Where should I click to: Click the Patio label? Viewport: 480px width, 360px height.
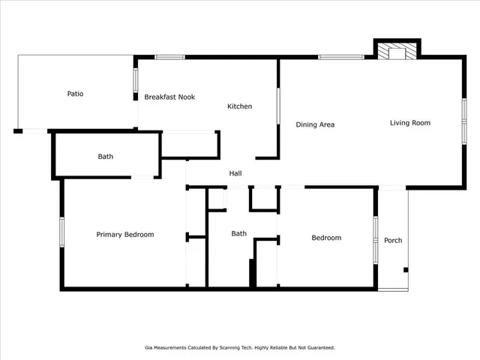point(75,94)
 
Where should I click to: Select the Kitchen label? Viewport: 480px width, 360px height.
point(240,106)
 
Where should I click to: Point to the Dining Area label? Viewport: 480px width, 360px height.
point(315,124)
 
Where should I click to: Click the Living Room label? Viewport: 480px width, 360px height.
point(410,122)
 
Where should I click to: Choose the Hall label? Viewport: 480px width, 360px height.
point(235,174)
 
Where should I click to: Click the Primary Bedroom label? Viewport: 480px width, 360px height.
point(125,235)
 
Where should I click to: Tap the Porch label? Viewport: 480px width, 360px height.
point(393,241)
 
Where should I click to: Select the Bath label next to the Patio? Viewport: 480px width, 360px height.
point(106,157)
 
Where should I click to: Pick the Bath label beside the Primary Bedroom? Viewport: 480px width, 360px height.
point(239,234)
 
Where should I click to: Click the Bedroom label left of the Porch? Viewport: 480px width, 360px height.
point(326,238)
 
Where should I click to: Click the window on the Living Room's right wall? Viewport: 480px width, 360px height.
point(464,120)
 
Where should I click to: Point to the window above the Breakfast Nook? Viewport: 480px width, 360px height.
point(169,57)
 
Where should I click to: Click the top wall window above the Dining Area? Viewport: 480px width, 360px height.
point(341,57)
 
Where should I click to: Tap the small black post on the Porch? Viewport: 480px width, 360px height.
point(406,270)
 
